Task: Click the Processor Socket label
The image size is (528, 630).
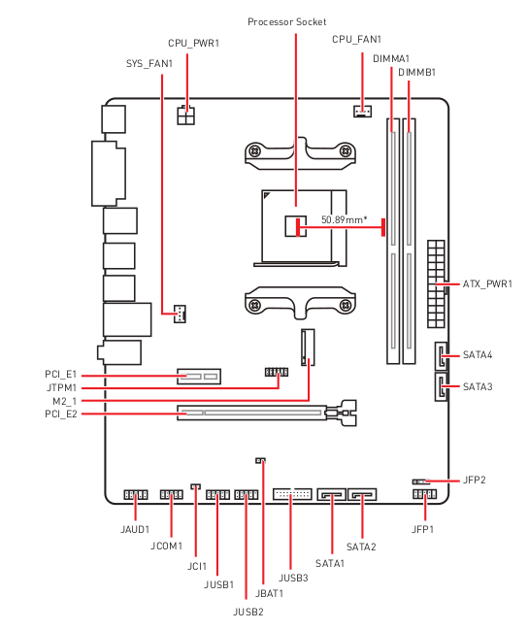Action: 287,21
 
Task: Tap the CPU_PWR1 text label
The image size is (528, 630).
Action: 194,43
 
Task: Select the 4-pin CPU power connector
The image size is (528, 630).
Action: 185,116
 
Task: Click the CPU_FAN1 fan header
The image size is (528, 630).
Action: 362,111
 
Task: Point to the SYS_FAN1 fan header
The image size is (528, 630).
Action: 180,314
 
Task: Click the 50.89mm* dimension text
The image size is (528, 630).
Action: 345,219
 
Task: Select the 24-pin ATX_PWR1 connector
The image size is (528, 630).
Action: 436,283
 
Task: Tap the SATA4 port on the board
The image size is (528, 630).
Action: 441,356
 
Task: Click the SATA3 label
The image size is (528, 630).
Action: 478,387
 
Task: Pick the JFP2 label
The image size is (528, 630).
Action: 475,480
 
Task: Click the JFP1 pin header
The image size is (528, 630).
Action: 424,494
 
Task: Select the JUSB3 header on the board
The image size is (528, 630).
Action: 292,494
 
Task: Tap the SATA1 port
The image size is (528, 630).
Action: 332,494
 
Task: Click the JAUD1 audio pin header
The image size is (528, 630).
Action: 136,495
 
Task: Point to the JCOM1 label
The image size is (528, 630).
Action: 166,546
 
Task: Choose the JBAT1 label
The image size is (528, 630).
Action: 269,593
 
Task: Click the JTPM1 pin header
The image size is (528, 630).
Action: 277,372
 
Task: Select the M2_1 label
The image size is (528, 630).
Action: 65,401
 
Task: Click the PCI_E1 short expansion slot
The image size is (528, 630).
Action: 199,377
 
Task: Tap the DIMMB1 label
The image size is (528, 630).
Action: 416,73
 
